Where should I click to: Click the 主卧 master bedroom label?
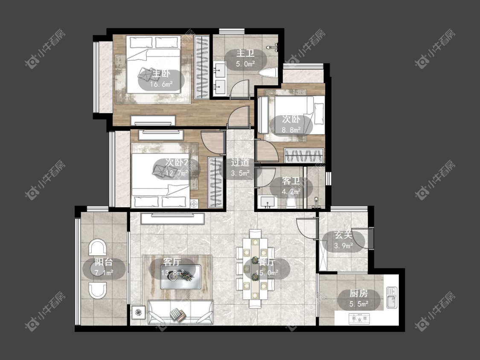pyautogui.click(x=161, y=74)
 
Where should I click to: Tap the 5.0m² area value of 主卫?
pyautogui.click(x=245, y=64)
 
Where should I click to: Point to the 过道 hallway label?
pyautogui.click(x=240, y=162)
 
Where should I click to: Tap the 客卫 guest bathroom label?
pyautogui.click(x=291, y=181)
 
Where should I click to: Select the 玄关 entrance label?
pyautogui.click(x=343, y=235)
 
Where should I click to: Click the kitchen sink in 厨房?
pyautogui.click(x=391, y=297)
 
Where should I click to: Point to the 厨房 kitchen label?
pyautogui.click(x=359, y=293)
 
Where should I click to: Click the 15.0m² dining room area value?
pyautogui.click(x=267, y=273)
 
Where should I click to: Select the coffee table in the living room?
pyautogui.click(x=180, y=277)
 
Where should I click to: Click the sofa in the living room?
pyautogui.click(x=180, y=312)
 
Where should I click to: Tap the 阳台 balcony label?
pyautogui.click(x=104, y=262)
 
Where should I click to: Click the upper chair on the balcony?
pyautogui.click(x=97, y=247)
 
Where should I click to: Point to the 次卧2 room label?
pyautogui.click(x=177, y=162)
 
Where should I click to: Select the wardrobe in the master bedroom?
pyautogui.click(x=202, y=67)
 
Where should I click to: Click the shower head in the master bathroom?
pyautogui.click(x=273, y=48)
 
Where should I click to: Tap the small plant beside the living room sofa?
pyautogui.click(x=139, y=312)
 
